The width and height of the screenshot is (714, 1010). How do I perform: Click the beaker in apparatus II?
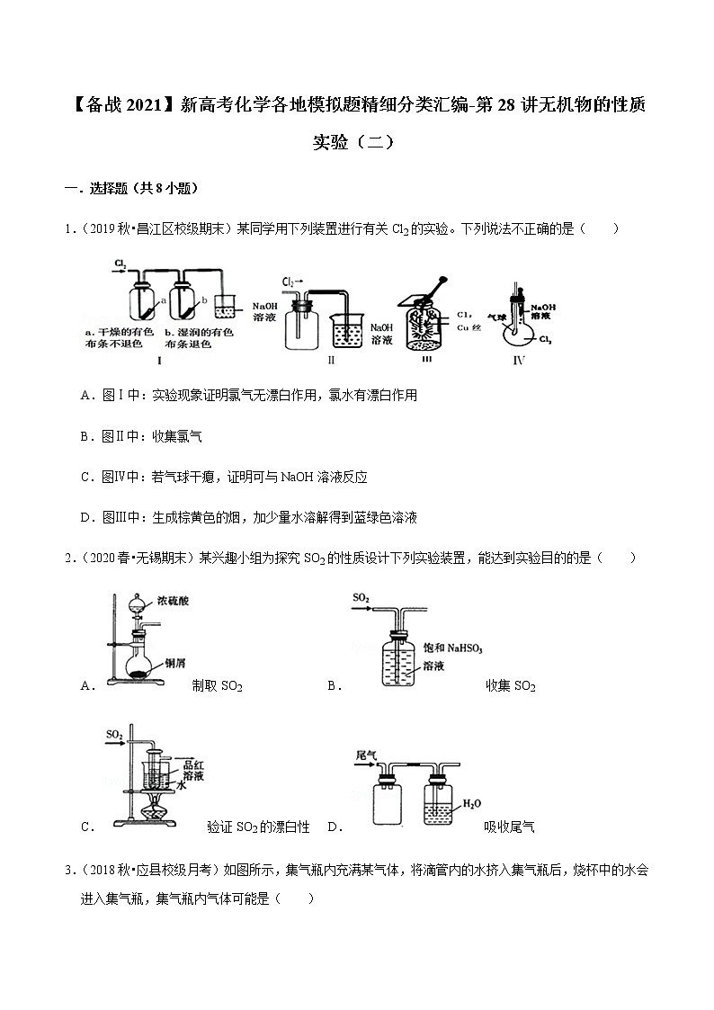click(348, 329)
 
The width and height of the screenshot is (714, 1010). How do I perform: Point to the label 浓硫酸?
click(172, 600)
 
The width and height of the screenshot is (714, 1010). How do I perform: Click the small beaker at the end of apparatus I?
click(228, 311)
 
